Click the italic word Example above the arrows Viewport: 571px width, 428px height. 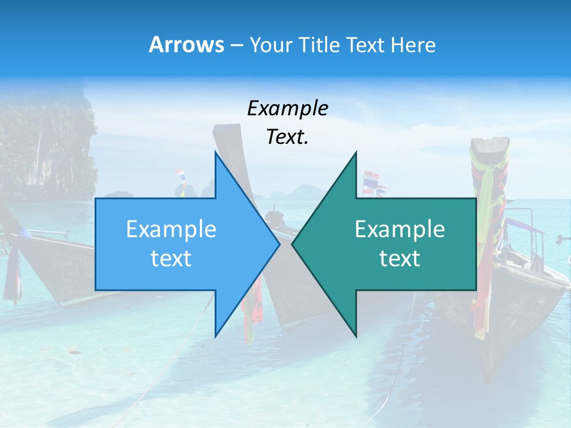point(287,108)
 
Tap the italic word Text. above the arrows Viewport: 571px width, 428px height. point(287,137)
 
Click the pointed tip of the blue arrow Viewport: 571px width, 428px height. point(278,244)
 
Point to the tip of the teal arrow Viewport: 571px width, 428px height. point(293,244)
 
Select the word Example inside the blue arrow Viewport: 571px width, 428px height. point(171,229)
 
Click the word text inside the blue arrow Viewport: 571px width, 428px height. point(171,259)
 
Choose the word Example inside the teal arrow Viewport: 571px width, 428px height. point(400,229)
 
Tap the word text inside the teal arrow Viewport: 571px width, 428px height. point(400,259)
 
